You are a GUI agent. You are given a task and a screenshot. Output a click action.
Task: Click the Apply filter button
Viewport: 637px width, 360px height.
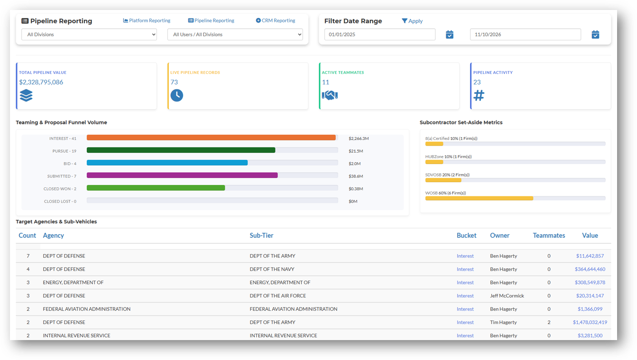tap(412, 21)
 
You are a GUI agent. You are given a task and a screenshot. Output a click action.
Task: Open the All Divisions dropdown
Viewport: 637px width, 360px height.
tap(89, 35)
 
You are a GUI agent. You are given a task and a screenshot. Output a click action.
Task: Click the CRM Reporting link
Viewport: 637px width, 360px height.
tap(275, 20)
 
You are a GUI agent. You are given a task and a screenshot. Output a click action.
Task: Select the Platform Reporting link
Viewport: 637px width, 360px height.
tap(147, 20)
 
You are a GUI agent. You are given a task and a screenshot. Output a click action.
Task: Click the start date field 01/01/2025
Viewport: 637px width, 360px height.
tap(379, 35)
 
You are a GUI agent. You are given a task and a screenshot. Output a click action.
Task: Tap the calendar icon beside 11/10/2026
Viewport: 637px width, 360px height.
tap(595, 35)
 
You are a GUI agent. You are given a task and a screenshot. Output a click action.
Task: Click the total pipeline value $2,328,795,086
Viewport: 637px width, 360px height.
tap(41, 82)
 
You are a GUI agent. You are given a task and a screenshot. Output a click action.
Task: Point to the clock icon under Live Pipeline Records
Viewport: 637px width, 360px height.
tap(176, 95)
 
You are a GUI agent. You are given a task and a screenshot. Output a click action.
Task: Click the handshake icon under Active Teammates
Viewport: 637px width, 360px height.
tap(330, 95)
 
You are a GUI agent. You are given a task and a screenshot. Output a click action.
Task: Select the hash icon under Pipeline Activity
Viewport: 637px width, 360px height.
tap(479, 95)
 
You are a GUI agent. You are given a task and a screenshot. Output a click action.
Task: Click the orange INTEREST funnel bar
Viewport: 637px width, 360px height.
tap(211, 138)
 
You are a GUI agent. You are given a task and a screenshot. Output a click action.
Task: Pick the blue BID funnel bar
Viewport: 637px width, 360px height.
tap(167, 163)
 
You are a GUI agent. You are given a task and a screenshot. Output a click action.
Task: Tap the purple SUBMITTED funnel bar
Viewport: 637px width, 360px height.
tap(182, 175)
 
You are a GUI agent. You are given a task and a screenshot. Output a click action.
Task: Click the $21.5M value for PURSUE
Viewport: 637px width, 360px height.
tap(356, 151)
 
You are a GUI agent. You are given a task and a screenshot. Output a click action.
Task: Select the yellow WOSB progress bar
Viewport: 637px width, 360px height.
tap(479, 198)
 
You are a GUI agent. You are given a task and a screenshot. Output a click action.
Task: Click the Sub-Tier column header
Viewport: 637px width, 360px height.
tap(261, 235)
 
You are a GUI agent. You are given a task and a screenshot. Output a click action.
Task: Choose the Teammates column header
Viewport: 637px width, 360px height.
tap(549, 235)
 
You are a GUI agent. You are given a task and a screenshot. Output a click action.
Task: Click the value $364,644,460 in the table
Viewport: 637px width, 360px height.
tap(590, 269)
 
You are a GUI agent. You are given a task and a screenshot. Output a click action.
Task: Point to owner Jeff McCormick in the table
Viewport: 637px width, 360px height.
tap(507, 296)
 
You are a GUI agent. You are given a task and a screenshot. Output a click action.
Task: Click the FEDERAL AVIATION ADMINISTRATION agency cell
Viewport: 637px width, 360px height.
tap(86, 309)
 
